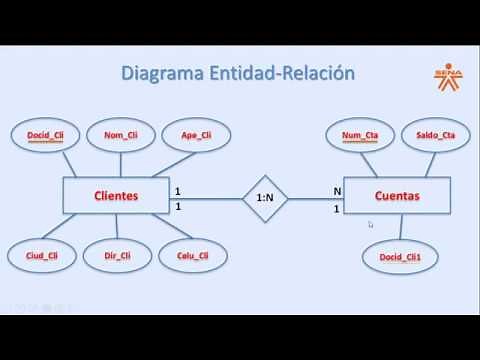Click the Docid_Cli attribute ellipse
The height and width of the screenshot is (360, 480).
[x=46, y=134]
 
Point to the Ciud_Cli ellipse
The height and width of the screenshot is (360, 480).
[x=42, y=256]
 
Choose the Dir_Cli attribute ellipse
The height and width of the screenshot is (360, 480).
[x=117, y=256]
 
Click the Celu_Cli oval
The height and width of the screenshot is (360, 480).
[x=193, y=256]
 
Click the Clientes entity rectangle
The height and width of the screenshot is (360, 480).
[x=115, y=196]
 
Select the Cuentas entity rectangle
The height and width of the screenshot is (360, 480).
[x=396, y=196]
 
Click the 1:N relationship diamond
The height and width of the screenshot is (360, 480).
[x=266, y=198]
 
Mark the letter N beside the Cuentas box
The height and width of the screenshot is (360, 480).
[x=337, y=190]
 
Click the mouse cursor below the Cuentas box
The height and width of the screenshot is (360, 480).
[x=370, y=225]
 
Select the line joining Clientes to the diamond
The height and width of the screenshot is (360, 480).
[x=205, y=198]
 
